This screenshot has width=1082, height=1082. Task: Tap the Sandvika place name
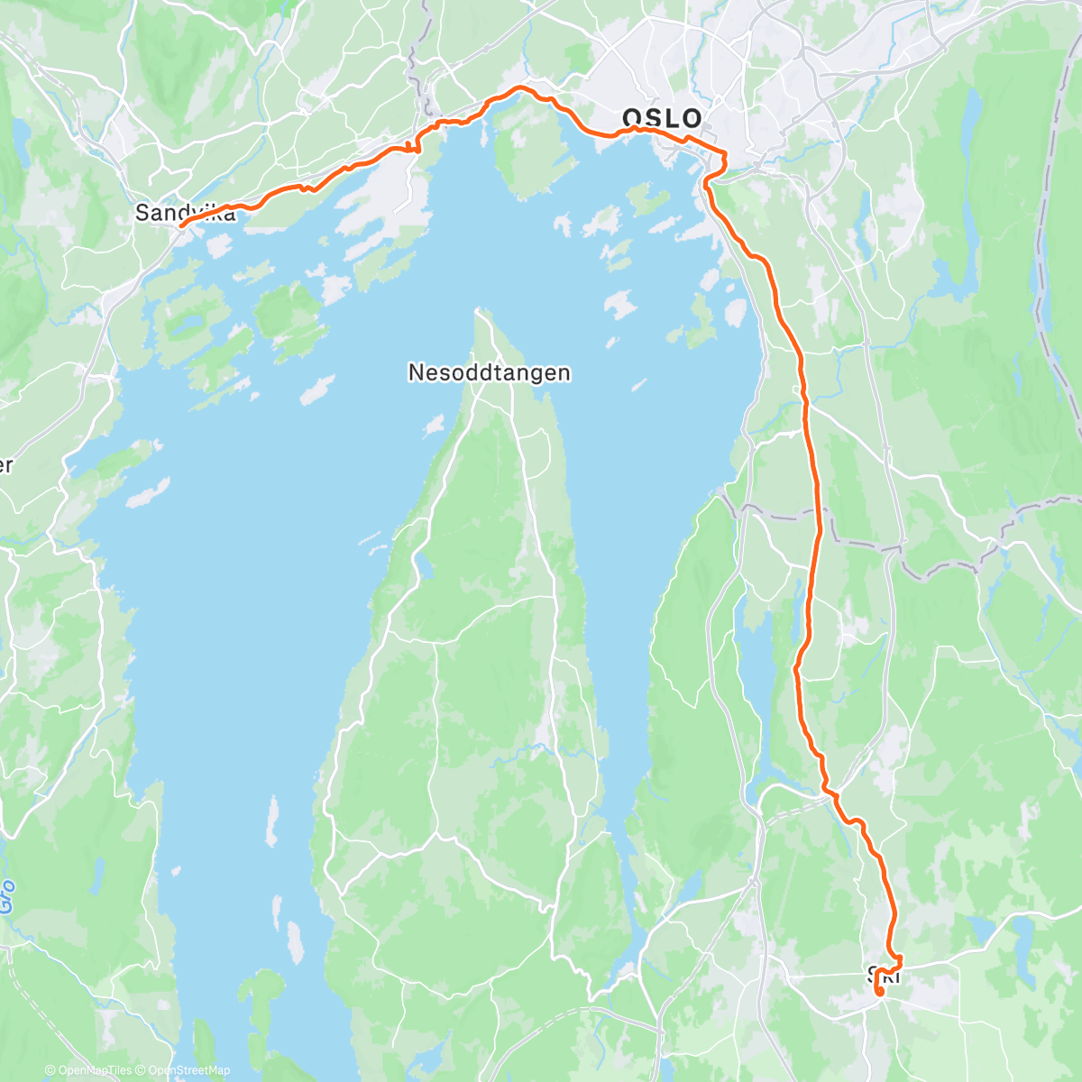tap(185, 213)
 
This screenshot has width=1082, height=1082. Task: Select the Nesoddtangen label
tap(489, 371)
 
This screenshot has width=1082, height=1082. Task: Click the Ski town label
tap(884, 974)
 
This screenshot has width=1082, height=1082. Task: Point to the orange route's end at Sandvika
tap(181, 225)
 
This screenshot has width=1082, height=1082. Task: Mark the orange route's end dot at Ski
tap(879, 991)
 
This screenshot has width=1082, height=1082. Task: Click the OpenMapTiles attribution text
tap(94, 1070)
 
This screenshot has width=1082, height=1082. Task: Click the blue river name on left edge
tap(6, 897)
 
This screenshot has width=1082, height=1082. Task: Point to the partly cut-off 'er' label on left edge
tap(5, 466)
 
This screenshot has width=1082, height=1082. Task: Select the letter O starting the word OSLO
tap(633, 118)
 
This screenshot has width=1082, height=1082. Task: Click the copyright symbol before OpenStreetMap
tap(142, 1070)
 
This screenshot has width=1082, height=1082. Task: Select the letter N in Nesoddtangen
tap(416, 371)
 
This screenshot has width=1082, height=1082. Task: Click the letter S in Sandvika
tap(141, 213)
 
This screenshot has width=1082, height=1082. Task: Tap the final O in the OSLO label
tap(692, 118)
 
